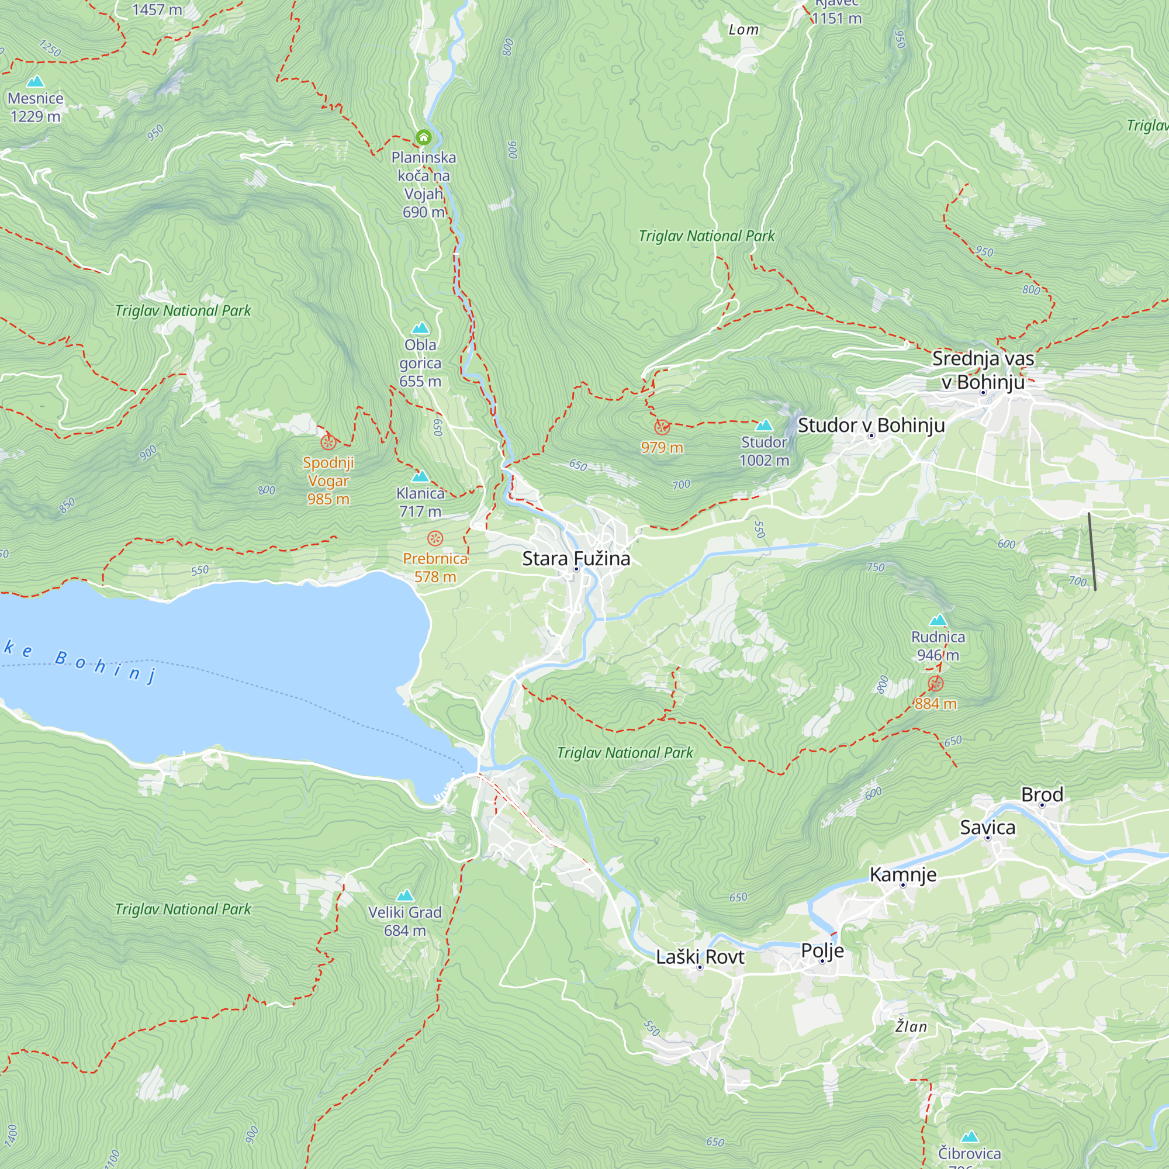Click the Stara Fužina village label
576,558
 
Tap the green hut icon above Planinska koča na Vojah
424,137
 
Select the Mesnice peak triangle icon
36,81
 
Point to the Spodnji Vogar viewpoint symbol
328,442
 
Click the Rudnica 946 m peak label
938,646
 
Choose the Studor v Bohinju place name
871,426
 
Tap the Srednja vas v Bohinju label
983,370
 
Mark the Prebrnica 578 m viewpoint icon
435,538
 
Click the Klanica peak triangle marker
420,476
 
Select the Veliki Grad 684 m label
405,921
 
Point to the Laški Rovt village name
700,957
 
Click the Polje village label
822,950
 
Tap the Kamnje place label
903,874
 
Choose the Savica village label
987,827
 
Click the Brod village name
1042,794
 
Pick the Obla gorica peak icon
420,328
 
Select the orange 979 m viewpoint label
662,448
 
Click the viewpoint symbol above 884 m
935,684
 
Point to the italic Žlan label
911,1027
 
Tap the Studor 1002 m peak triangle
764,426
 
